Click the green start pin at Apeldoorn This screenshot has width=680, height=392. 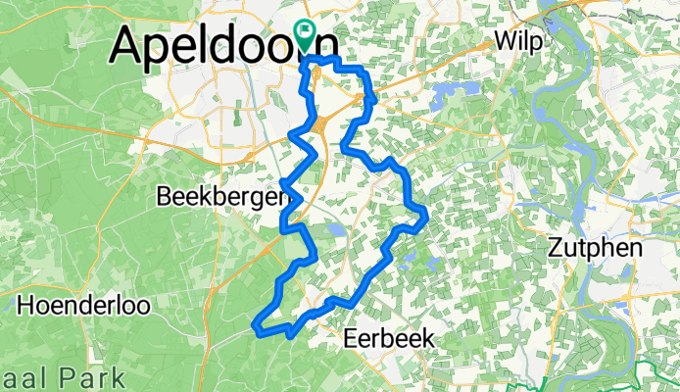305,35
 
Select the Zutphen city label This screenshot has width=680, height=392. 596,247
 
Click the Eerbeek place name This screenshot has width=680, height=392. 389,338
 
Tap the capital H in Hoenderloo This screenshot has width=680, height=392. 25,304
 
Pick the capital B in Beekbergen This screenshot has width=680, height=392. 164,197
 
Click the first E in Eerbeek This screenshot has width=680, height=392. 352,338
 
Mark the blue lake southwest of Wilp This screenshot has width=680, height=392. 437,94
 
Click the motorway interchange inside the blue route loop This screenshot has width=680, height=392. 321,124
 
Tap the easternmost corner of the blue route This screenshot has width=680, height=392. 427,218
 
